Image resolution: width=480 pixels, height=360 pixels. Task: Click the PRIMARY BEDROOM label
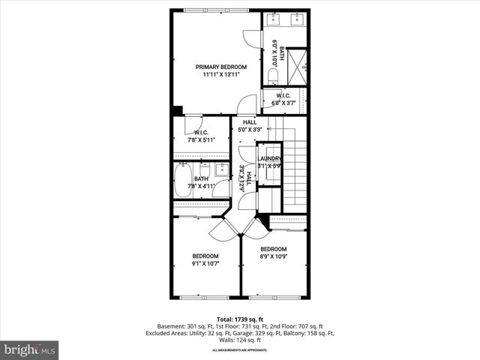coord(220,67)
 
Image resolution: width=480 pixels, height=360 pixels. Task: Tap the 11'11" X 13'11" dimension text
coord(220,74)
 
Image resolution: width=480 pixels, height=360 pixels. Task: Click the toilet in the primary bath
coord(273,76)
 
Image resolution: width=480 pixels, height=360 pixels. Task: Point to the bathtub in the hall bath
coord(184,180)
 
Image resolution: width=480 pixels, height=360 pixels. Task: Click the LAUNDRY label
coord(269,159)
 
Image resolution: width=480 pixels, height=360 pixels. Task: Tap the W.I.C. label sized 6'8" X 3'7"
coord(283,96)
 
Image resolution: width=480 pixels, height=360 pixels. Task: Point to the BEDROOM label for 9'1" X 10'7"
coord(205,256)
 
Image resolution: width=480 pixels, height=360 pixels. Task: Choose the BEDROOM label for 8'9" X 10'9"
coord(274,249)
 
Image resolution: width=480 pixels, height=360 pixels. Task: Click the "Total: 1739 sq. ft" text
coord(239,319)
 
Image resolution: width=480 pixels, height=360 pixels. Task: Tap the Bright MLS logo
coord(30,349)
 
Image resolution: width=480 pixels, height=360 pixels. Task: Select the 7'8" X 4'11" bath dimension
coord(201,186)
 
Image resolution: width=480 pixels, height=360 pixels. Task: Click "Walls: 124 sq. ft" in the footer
coord(239,340)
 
